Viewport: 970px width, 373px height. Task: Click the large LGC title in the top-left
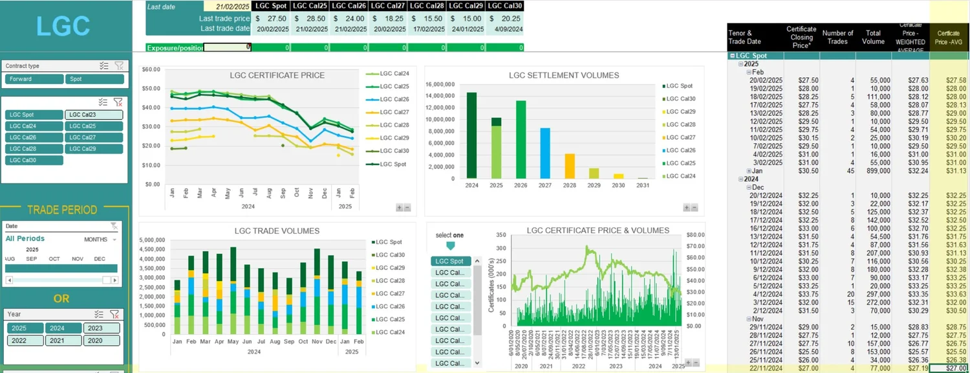click(63, 26)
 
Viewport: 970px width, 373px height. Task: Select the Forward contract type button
click(34, 79)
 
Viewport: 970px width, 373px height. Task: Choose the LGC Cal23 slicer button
click(93, 115)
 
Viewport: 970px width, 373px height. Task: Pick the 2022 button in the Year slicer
click(25, 340)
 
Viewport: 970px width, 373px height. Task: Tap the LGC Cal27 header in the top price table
click(388, 6)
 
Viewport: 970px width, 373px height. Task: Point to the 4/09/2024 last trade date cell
click(504, 28)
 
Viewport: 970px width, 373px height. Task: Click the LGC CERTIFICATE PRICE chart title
click(277, 75)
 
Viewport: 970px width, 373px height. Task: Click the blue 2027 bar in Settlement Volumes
click(544, 153)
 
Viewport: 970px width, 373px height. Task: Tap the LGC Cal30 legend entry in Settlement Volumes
click(679, 98)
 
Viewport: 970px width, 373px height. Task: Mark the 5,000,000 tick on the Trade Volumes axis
click(153, 240)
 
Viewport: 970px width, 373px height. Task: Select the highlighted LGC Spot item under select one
click(449, 261)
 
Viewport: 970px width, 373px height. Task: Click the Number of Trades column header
click(837, 38)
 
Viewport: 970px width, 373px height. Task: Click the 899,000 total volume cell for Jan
click(874, 171)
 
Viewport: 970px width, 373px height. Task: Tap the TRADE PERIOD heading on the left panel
click(62, 210)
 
